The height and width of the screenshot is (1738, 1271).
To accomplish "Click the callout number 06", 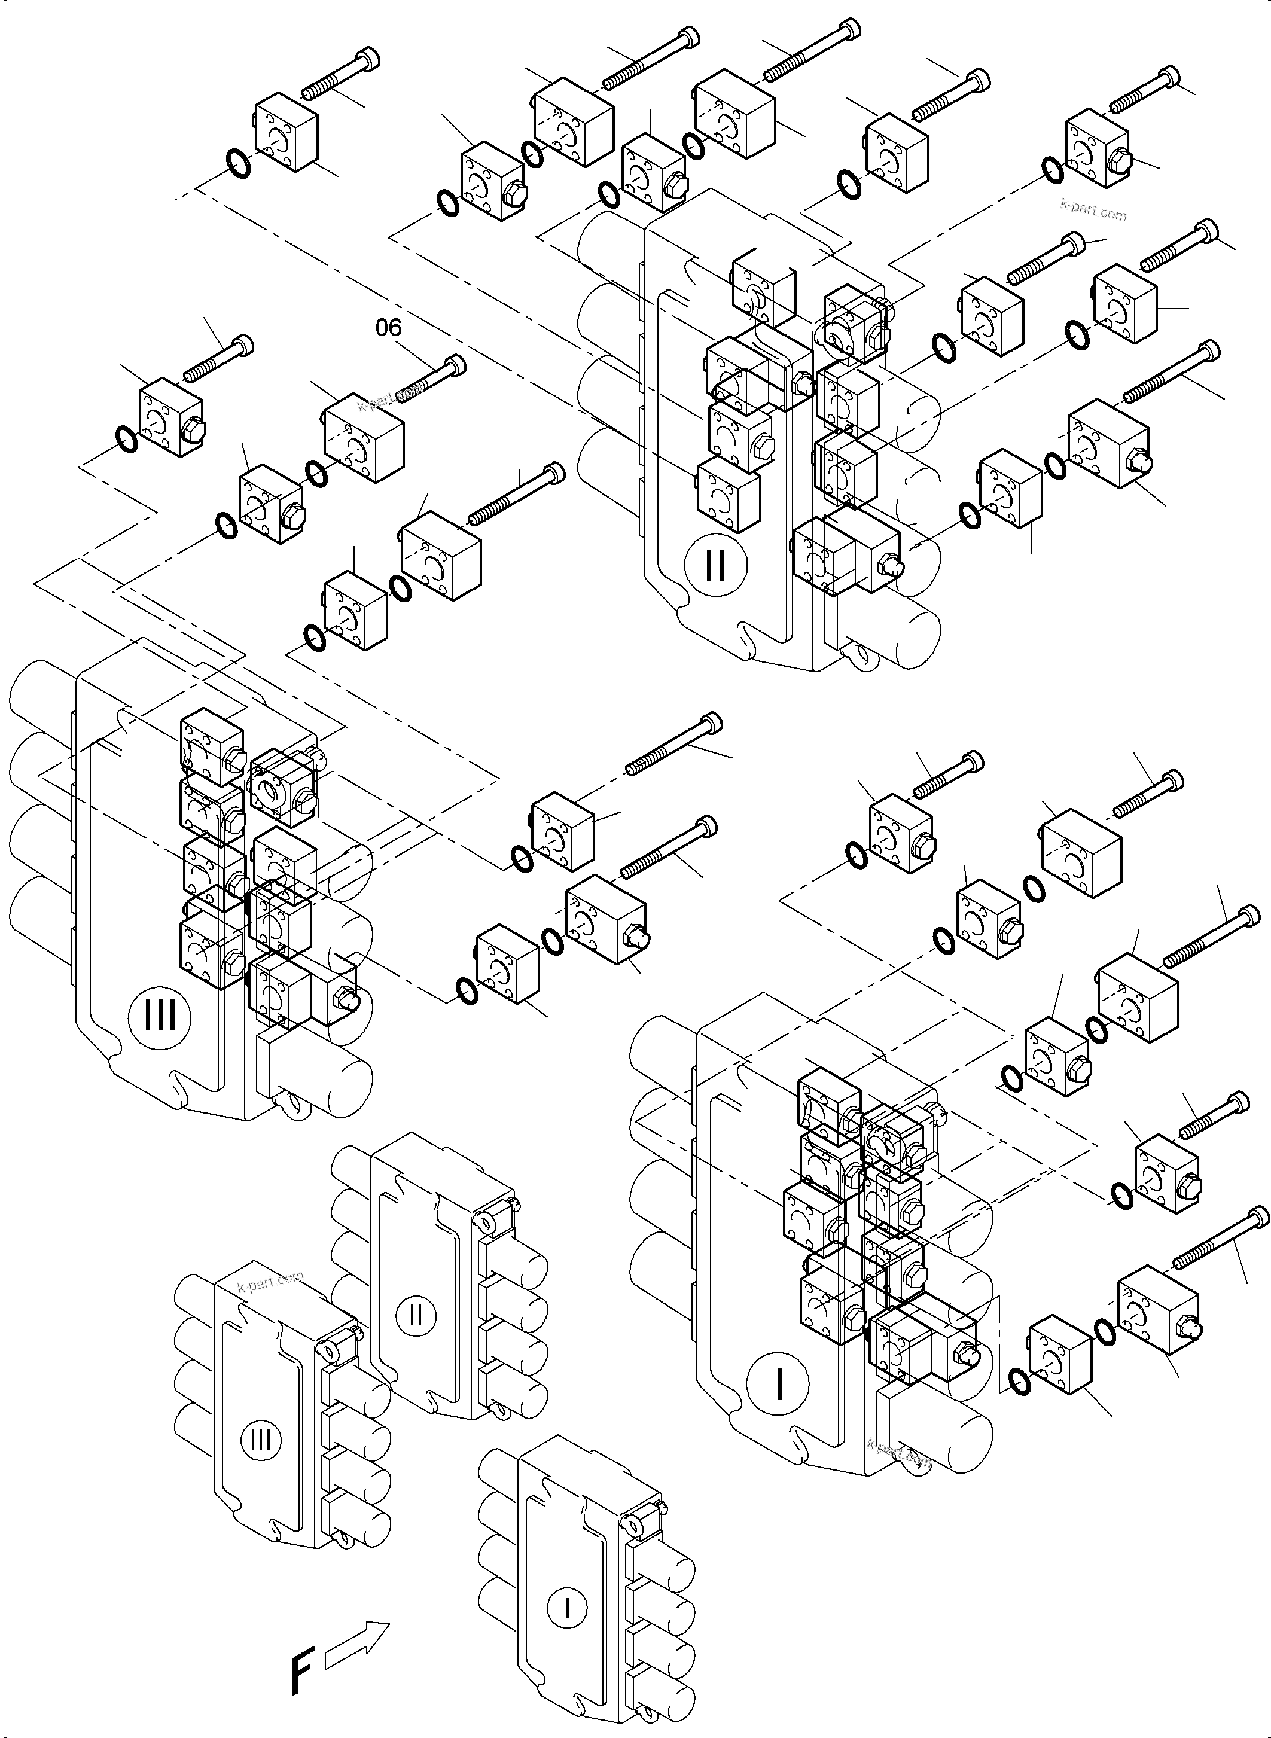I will [x=389, y=328].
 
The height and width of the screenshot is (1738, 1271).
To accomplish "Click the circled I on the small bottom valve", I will [x=567, y=1608].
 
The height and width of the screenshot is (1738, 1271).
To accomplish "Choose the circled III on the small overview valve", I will [x=260, y=1439].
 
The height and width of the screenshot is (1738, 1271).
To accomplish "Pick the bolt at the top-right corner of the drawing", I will [x=1144, y=88].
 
